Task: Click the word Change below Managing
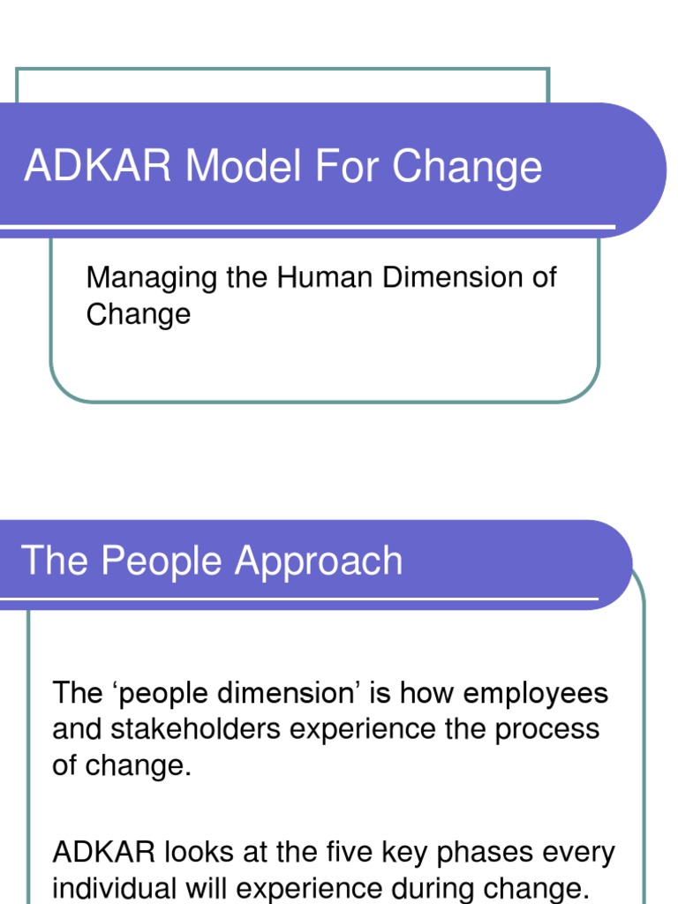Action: pos(138,314)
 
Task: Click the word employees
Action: pos(536,694)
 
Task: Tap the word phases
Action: pos(471,854)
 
